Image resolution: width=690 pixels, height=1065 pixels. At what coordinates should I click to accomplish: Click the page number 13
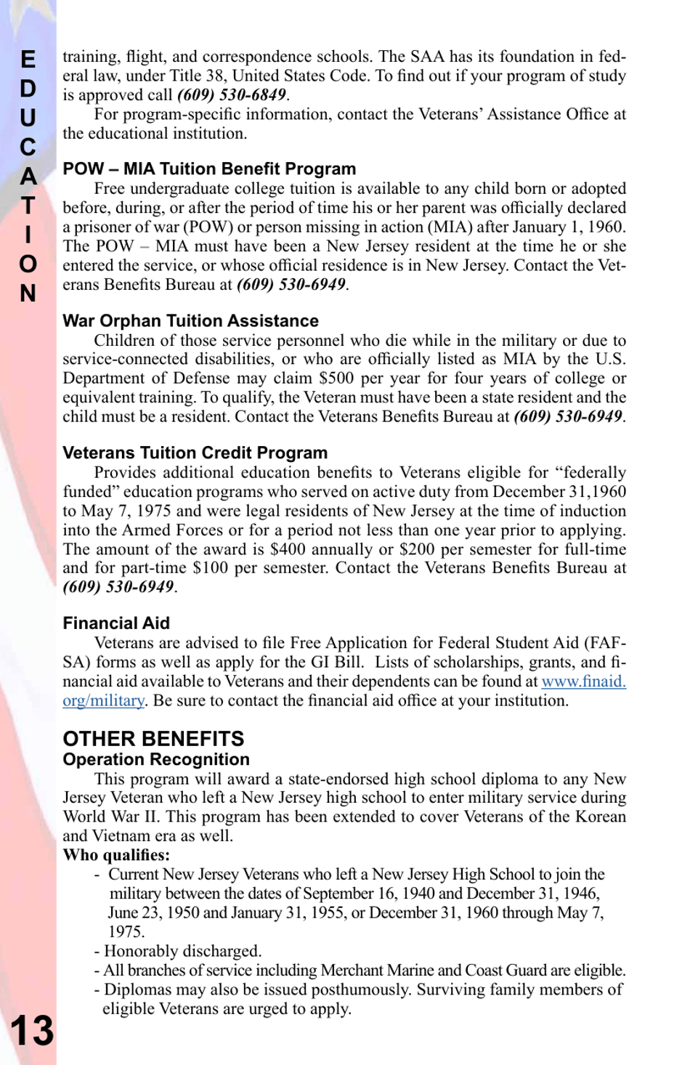pyautogui.click(x=32, y=1030)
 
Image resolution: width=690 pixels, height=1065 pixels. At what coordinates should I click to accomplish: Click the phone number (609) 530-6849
pyautogui.click(x=232, y=95)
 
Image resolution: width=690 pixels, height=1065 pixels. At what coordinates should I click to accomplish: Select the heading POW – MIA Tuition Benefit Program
pyautogui.click(x=209, y=169)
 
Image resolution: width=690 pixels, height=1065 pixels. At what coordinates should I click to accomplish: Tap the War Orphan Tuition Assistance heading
pyautogui.click(x=190, y=320)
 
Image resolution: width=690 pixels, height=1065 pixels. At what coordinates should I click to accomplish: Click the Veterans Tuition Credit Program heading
pyautogui.click(x=195, y=453)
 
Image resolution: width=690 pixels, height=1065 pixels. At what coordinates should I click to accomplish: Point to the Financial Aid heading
pyautogui.click(x=116, y=623)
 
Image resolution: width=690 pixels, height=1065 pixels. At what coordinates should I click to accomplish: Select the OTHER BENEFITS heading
pyautogui.click(x=153, y=739)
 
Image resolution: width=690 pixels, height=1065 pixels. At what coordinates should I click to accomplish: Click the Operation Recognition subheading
pyautogui.click(x=156, y=759)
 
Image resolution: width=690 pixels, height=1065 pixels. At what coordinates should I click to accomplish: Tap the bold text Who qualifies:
pyautogui.click(x=116, y=855)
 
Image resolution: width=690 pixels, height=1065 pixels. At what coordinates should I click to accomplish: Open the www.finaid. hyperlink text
pyautogui.click(x=583, y=681)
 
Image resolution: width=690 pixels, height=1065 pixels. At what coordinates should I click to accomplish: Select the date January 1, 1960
pyautogui.click(x=569, y=227)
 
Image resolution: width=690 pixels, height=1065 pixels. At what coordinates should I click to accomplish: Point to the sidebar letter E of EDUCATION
pyautogui.click(x=28, y=60)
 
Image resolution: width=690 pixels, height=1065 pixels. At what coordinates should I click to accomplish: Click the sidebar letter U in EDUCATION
pyautogui.click(x=28, y=118)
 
